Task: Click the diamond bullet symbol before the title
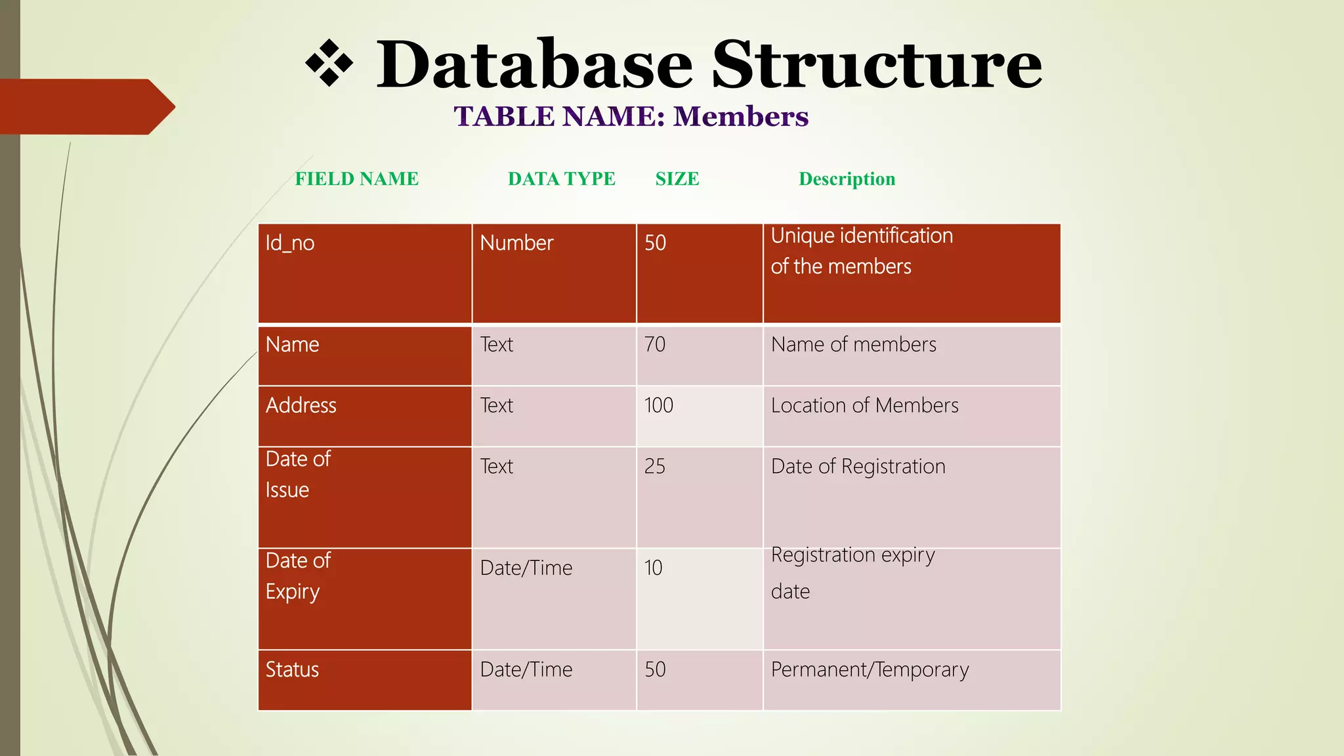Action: [x=329, y=64]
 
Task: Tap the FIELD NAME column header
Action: [x=356, y=178]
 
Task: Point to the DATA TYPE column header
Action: [x=561, y=178]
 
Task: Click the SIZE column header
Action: [x=677, y=178]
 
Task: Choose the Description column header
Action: [x=847, y=178]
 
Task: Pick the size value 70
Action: [x=654, y=345]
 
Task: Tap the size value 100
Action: [x=658, y=406]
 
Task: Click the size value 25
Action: [x=654, y=467]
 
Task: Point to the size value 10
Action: [x=653, y=568]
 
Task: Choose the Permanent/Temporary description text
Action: [x=870, y=669]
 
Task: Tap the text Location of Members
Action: [x=864, y=406]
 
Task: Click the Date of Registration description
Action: [x=858, y=467]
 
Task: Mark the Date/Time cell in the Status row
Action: [x=526, y=669]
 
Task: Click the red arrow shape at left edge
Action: [x=85, y=106]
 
